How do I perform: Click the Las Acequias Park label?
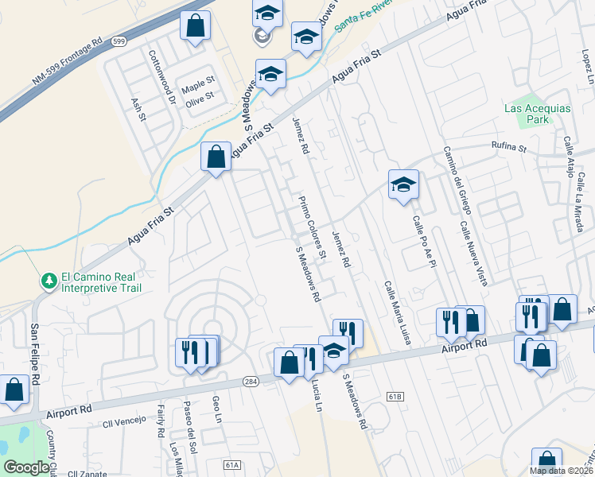coord(527,114)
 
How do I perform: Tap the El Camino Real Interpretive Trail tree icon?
coord(49,281)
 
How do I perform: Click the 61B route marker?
coord(395,395)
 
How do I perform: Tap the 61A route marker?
coord(231,464)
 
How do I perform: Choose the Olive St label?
coord(199,95)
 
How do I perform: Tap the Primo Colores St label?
coord(313,227)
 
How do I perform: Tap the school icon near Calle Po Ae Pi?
coord(403,185)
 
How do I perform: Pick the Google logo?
coord(26,467)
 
